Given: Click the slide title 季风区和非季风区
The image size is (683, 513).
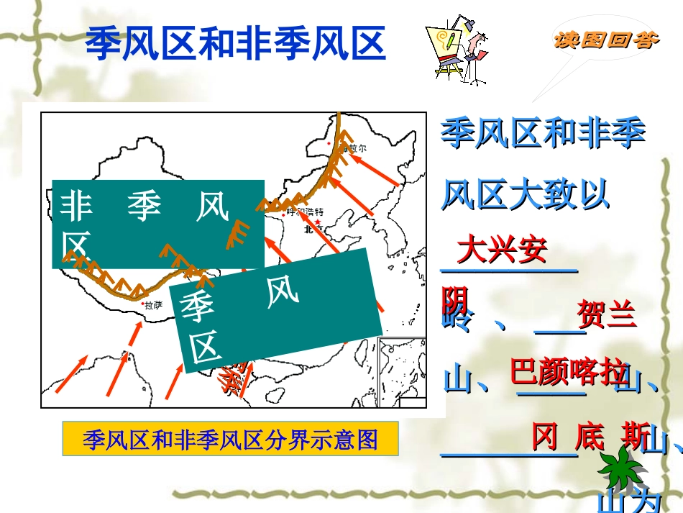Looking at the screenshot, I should click(236, 45).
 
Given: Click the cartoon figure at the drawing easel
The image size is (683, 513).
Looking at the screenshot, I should click(457, 50).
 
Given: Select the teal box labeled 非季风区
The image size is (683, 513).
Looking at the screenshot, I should click(157, 224).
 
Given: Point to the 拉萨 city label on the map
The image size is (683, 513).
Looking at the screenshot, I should click(153, 305).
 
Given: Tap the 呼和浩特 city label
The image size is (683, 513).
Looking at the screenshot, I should click(305, 212).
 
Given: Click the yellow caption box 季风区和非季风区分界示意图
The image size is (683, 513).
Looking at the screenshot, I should click(230, 439).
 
